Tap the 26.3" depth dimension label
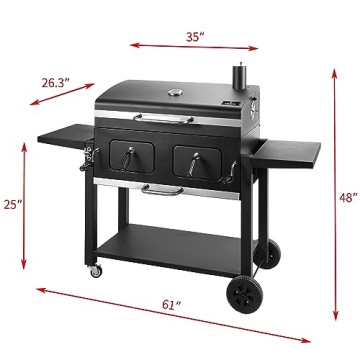coord(54,85)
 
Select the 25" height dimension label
coord(12,205)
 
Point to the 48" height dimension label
coord(347,198)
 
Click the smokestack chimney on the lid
coord(241,79)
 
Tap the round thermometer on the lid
coord(176,95)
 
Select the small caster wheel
coord(95,270)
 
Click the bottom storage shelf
coord(170,240)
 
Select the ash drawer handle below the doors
coord(160,187)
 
